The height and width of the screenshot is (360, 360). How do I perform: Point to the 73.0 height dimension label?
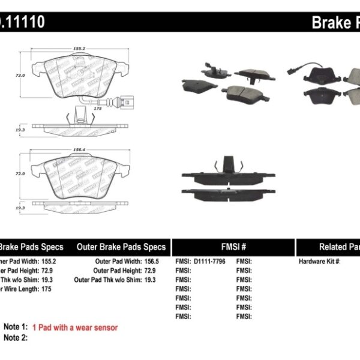click(20, 76)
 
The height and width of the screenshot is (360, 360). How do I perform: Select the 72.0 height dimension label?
click(20, 173)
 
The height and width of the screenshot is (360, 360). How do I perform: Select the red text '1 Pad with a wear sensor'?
click(75, 328)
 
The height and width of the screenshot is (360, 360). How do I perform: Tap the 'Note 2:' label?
click(16, 338)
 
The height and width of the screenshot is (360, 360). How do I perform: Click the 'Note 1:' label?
click(16, 328)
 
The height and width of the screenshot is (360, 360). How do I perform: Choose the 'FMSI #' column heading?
click(234, 247)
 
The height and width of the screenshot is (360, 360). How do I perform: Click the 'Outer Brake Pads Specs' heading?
click(121, 247)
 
